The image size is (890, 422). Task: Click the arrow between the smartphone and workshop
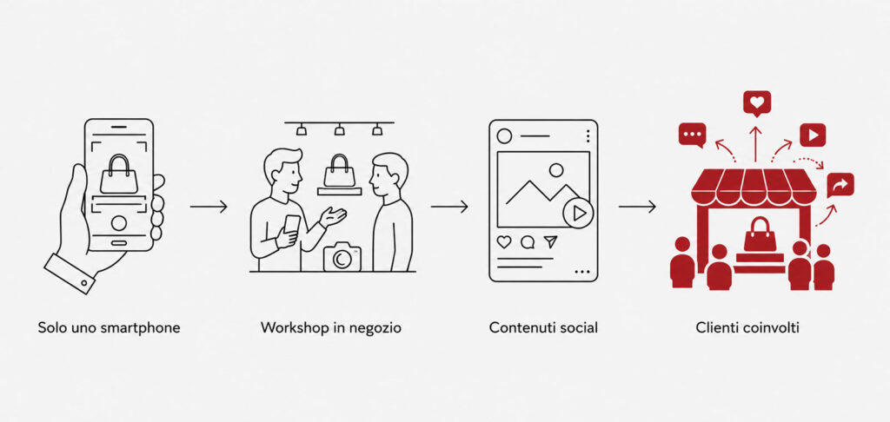[209, 207]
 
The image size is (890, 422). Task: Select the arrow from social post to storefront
[637, 207]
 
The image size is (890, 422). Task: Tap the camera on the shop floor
[342, 256]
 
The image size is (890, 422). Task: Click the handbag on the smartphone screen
[118, 175]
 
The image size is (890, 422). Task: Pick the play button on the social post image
[578, 214]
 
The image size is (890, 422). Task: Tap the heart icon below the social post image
[504, 242]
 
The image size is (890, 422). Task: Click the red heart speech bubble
[757, 104]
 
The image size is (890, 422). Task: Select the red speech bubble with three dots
[693, 135]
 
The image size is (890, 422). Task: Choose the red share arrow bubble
[840, 184]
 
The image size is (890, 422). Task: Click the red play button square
[813, 135]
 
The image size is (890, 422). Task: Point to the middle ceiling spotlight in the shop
[340, 130]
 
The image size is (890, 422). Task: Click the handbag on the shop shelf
[340, 171]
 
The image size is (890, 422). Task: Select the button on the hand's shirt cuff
[84, 282]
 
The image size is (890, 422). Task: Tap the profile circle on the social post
[504, 136]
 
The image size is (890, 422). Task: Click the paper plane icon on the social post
[550, 242]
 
